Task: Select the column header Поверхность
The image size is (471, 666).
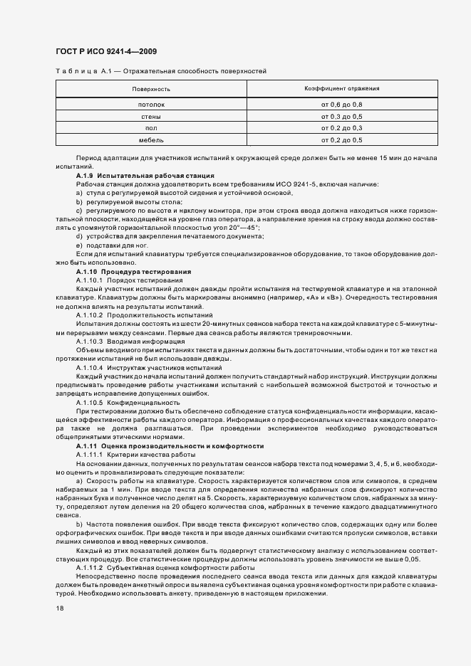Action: pyautogui.click(x=151, y=89)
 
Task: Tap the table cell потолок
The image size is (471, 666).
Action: pyautogui.click(x=151, y=105)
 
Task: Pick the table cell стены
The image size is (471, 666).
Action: pyautogui.click(x=151, y=116)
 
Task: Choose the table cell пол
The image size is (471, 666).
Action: pyautogui.click(x=151, y=128)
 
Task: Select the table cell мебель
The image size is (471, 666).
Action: pyautogui.click(x=151, y=140)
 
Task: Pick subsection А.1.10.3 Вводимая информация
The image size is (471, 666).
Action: pyautogui.click(x=125, y=341)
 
